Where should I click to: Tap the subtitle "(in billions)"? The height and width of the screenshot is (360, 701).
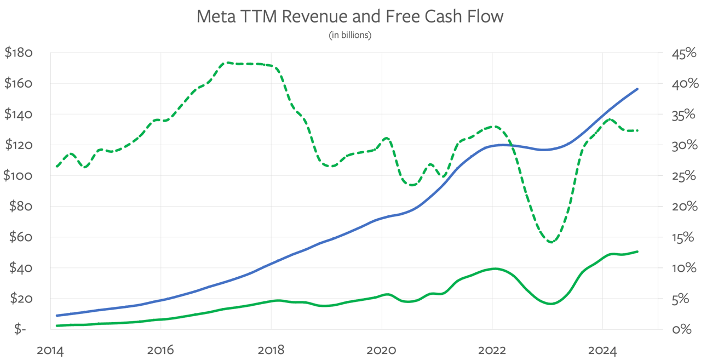(350, 36)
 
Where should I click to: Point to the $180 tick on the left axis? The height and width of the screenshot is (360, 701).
(19, 53)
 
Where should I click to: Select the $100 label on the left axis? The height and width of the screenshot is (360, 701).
(19, 176)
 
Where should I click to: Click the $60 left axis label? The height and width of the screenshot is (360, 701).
(21, 237)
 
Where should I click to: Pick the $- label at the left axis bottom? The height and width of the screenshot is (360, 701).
(20, 329)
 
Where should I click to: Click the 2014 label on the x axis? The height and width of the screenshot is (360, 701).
(50, 350)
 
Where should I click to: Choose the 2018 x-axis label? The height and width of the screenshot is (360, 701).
(271, 350)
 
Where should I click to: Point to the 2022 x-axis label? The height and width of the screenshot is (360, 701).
(492, 350)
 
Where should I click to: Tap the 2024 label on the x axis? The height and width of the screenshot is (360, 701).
(602, 350)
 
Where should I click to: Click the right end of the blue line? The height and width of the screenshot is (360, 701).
(637, 89)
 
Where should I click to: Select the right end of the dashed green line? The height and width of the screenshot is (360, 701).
(637, 130)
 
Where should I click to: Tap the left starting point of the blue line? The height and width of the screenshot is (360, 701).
(57, 316)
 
